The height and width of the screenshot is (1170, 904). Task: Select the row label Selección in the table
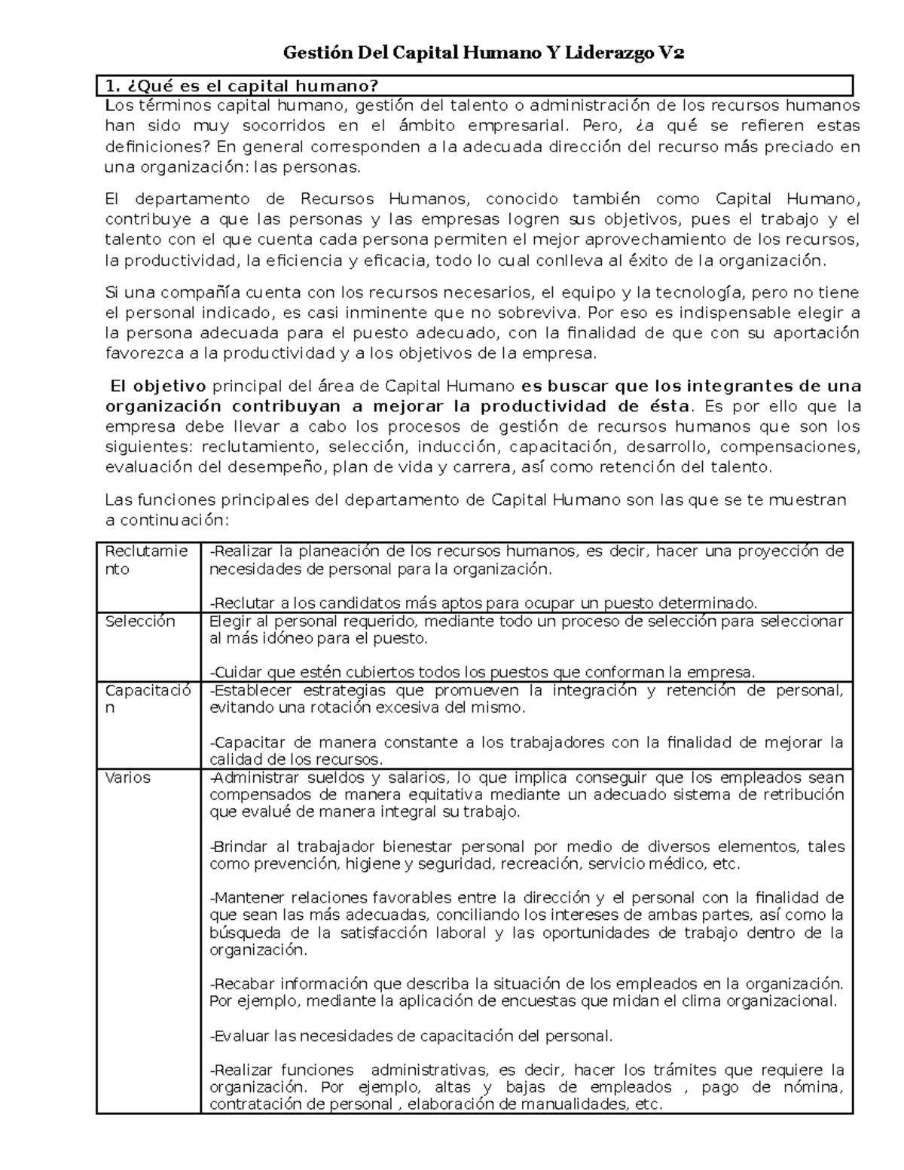click(x=140, y=622)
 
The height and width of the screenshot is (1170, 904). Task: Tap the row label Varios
click(x=127, y=777)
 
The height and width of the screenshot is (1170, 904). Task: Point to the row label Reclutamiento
click(x=146, y=560)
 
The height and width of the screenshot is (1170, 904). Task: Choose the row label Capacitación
click(x=148, y=699)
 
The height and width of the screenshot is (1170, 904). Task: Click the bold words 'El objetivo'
click(x=157, y=386)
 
